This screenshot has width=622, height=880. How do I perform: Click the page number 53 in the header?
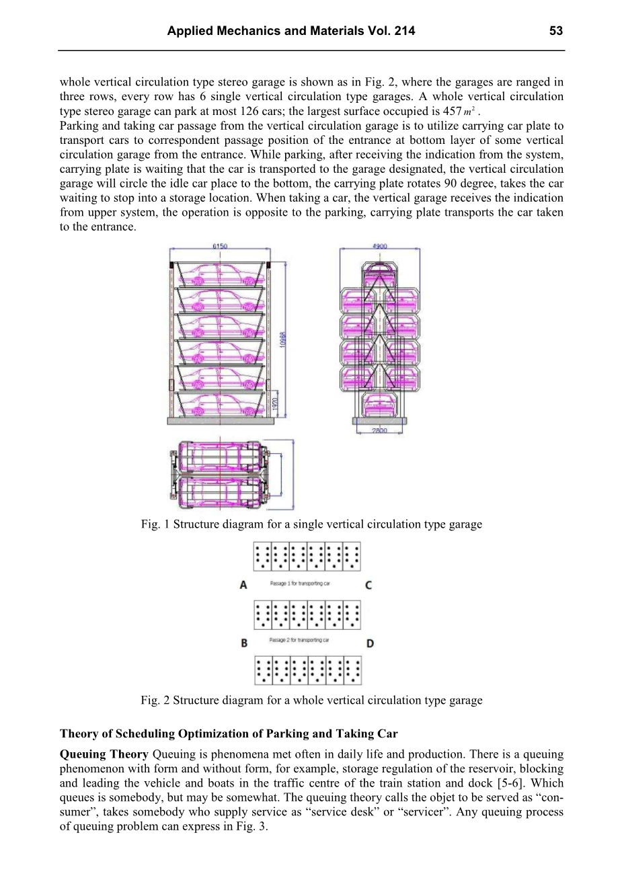point(555,31)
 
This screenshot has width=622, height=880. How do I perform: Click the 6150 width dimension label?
point(220,247)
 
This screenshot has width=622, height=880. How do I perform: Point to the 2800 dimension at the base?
point(379,430)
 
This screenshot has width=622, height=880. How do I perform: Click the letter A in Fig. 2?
point(243,585)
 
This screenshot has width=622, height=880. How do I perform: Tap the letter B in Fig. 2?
point(244,643)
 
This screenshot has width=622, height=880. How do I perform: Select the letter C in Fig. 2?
point(368,585)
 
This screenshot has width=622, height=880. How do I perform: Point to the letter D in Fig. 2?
point(370,643)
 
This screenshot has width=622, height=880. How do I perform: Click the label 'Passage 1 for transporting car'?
point(299,584)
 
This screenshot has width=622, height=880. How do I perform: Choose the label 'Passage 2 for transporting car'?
point(299,640)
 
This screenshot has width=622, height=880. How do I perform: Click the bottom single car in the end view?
point(380,405)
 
